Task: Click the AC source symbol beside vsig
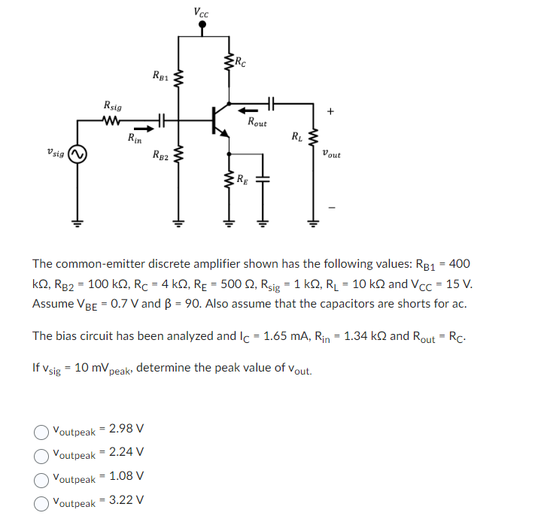(77, 155)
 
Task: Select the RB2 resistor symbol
(179, 156)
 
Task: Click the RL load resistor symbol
(313, 138)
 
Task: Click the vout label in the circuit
(330, 154)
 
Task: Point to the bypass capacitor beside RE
(263, 180)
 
